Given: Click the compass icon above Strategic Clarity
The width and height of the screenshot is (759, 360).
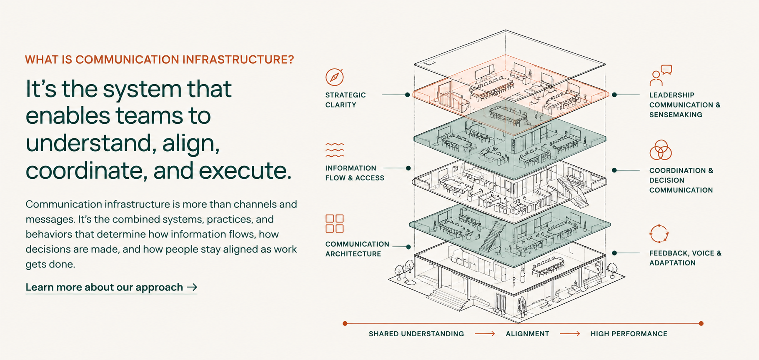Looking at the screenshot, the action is pyautogui.click(x=334, y=77).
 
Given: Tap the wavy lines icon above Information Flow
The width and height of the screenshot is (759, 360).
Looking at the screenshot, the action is pyautogui.click(x=335, y=150).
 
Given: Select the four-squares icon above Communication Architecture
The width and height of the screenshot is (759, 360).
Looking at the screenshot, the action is pyautogui.click(x=334, y=223).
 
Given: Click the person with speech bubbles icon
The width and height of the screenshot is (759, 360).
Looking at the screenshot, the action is pyautogui.click(x=661, y=75).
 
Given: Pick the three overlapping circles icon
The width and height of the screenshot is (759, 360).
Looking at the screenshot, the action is pyautogui.click(x=661, y=150).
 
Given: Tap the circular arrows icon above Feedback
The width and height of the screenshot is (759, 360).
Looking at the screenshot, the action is pyautogui.click(x=659, y=234).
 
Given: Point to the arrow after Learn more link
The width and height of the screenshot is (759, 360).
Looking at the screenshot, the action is pyautogui.click(x=192, y=287).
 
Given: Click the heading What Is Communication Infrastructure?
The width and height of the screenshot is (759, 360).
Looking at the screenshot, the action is pyautogui.click(x=160, y=60).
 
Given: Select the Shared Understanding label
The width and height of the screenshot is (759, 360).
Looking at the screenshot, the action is pyautogui.click(x=416, y=334).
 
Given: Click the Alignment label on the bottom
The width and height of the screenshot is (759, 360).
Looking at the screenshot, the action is pyautogui.click(x=528, y=334).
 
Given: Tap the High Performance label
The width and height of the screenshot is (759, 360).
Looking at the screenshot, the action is pyautogui.click(x=629, y=334).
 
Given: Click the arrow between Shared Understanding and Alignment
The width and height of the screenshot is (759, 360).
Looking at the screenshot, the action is pyautogui.click(x=485, y=334).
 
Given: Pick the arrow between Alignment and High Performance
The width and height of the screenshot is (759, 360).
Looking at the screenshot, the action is pyautogui.click(x=570, y=334).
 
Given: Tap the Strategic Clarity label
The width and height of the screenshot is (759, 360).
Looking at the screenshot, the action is pyautogui.click(x=346, y=100).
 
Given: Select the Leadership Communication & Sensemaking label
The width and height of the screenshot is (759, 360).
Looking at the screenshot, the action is pyautogui.click(x=685, y=105).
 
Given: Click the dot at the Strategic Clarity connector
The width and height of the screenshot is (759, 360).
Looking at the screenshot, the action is pyautogui.click(x=408, y=95).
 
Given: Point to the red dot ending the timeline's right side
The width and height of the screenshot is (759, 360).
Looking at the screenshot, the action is pyautogui.click(x=701, y=323).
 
